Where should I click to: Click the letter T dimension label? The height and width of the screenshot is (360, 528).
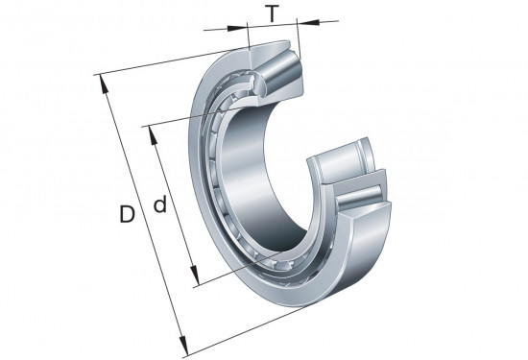point(273,13)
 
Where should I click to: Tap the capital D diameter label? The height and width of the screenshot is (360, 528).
point(127,214)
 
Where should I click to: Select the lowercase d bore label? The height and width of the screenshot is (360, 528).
point(160,204)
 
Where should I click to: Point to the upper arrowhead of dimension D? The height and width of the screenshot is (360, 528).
point(104,84)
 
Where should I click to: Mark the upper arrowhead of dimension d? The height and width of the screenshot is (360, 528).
point(153,136)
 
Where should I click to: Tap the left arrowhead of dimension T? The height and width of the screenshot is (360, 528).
point(237,28)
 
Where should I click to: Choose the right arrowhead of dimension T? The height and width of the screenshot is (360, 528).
point(308,22)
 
